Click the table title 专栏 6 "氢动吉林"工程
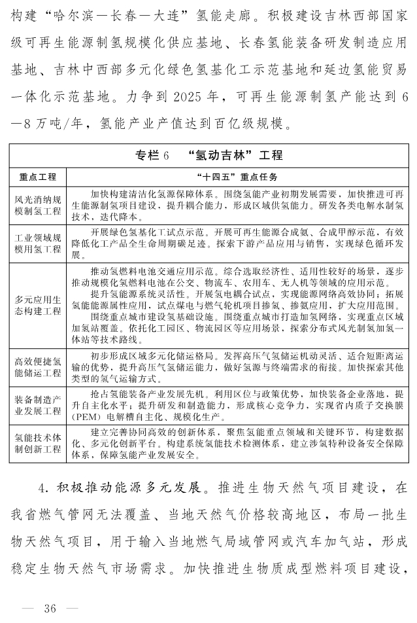208,155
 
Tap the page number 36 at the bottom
50,608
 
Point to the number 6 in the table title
166,156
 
